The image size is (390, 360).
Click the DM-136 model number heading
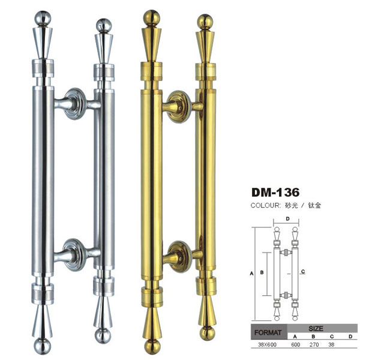(x=275, y=192)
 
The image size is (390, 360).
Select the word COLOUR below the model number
(x=265, y=206)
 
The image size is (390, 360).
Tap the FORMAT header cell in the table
(x=268, y=332)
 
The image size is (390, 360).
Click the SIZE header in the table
(x=316, y=328)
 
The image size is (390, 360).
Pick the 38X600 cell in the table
(x=267, y=344)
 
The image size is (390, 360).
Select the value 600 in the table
(x=295, y=344)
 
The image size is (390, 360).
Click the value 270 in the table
(x=314, y=344)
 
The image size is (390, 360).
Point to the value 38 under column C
(x=331, y=344)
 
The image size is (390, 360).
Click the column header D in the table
(x=350, y=337)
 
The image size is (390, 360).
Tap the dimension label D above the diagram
(x=288, y=218)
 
